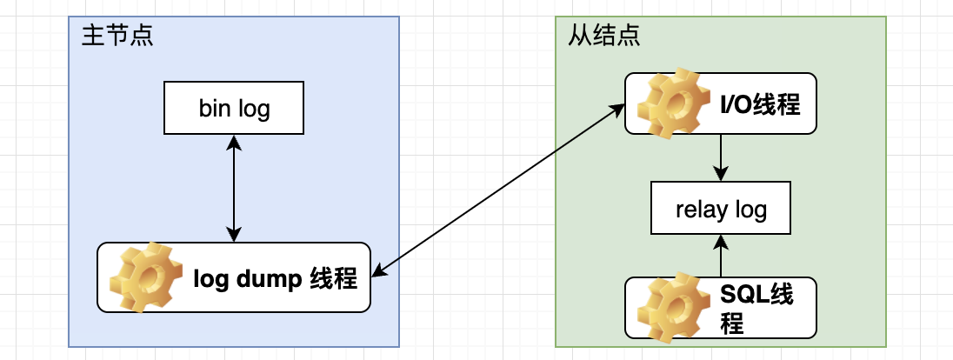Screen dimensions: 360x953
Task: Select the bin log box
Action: [234, 109]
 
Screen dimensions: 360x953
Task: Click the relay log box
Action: [721, 210]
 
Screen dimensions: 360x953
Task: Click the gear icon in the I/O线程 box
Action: [668, 105]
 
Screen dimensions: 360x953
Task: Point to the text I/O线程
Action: [759, 105]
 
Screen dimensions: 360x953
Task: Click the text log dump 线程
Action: [274, 280]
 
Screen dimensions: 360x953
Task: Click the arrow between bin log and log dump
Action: [234, 189]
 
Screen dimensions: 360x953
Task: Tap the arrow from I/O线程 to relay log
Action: [721, 159]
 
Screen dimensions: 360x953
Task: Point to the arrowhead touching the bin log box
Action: [234, 141]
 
